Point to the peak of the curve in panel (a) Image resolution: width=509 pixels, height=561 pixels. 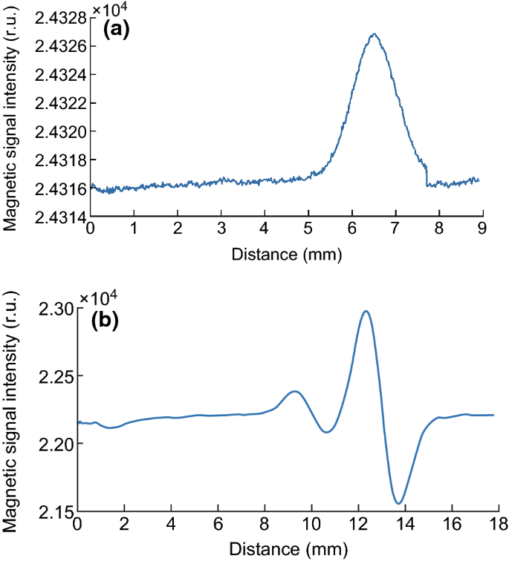click(375, 34)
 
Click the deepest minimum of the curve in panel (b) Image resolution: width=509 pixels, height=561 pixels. click(399, 504)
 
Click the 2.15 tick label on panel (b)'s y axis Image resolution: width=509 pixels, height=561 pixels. click(58, 512)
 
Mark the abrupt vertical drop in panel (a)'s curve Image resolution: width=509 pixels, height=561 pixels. click(426, 174)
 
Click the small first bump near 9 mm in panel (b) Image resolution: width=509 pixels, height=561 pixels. click(295, 391)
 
